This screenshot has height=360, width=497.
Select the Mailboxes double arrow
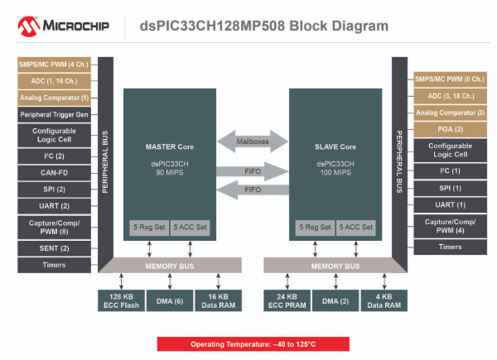[x=251, y=142]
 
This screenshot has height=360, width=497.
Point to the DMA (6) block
[x=169, y=300]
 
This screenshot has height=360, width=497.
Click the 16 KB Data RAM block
[x=218, y=300]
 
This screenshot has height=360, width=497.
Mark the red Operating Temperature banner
[x=253, y=343]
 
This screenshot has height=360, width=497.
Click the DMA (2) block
[x=335, y=300]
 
